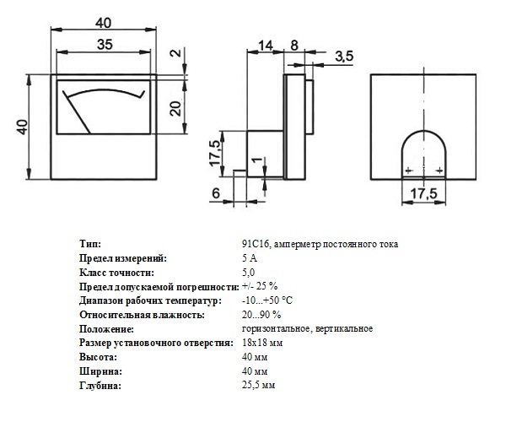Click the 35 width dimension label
[x=105, y=44]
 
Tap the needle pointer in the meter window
[x=77, y=111]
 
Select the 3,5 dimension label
[x=344, y=57]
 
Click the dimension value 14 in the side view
[x=266, y=46]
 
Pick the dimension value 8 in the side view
[x=294, y=46]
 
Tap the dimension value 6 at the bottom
[x=216, y=193]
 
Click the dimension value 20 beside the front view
[x=176, y=108]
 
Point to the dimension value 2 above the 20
[x=176, y=52]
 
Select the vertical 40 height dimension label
[x=23, y=127]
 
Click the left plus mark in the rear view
[x=408, y=170]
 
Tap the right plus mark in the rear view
[x=439, y=170]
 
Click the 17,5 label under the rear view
[x=423, y=193]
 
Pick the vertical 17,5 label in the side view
[x=216, y=154]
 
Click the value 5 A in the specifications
[x=250, y=258]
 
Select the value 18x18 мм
[x=262, y=343]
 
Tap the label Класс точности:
[x=116, y=273]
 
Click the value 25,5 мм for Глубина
[x=259, y=385]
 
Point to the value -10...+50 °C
[x=267, y=300]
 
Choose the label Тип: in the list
[x=90, y=244]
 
